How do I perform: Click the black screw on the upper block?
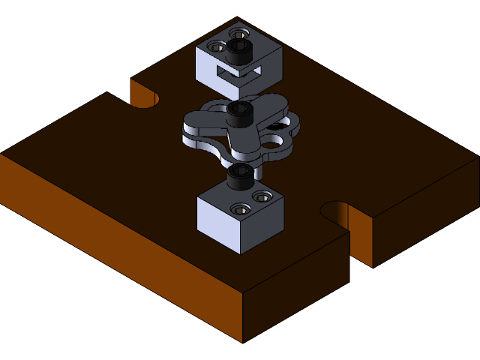(x=240, y=50)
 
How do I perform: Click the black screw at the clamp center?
(x=240, y=114)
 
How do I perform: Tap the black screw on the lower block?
(x=240, y=177)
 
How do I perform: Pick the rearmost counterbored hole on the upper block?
(x=238, y=34)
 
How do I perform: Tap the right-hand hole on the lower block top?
(x=262, y=196)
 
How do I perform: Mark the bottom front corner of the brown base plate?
(x=242, y=342)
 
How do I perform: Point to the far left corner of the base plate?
(x=2, y=154)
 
